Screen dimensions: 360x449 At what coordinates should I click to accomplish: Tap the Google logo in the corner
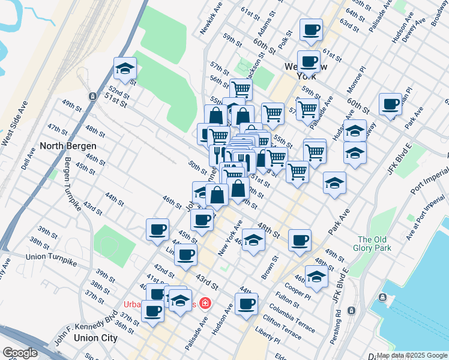pos(20,353)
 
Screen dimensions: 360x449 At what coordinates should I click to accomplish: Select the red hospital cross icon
pos(205,304)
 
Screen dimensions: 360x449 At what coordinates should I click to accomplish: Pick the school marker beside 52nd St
pos(124,70)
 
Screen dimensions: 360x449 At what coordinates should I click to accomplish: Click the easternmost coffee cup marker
pos(390,104)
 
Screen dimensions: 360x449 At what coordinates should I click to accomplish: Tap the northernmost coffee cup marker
pos(311,30)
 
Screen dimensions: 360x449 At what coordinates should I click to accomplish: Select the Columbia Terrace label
pos(292,318)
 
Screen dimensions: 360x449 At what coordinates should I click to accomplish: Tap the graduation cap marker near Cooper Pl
pos(316,277)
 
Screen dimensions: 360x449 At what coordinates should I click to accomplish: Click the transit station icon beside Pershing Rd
pos(351,310)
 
